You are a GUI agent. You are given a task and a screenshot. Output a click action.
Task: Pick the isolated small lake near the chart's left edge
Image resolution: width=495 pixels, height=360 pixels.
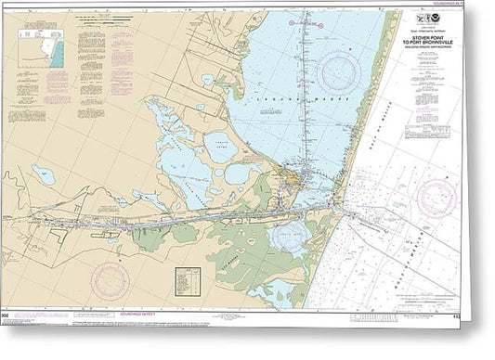tap(43, 174)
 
